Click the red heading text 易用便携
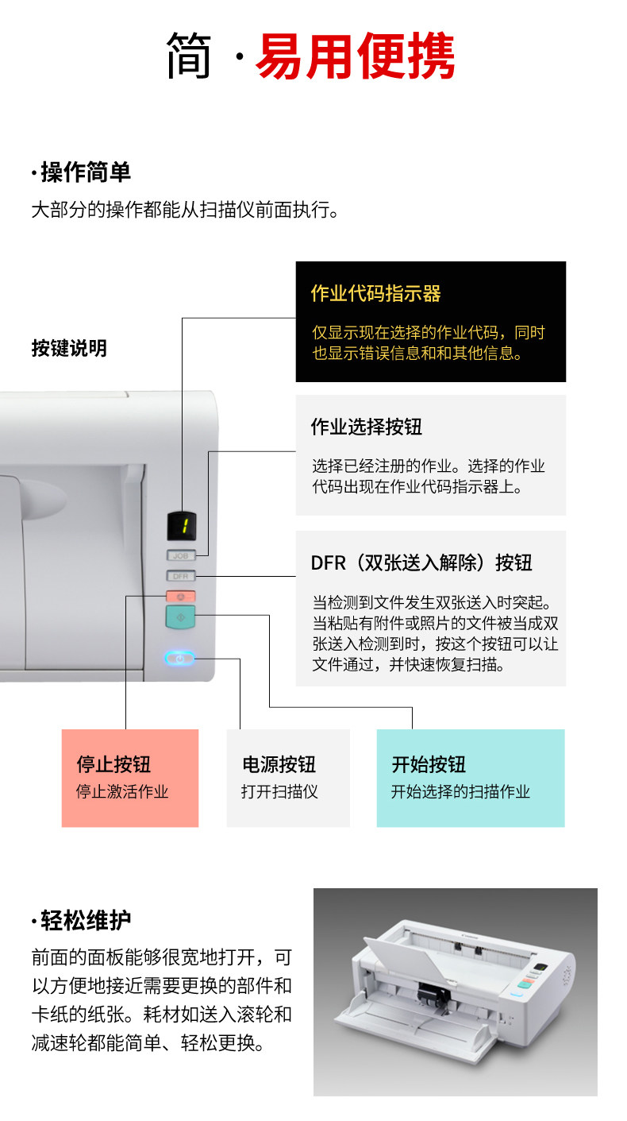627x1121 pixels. coord(355,56)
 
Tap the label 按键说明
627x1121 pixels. coord(69,348)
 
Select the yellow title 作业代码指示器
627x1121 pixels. coord(375,294)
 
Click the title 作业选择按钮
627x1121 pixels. coord(366,427)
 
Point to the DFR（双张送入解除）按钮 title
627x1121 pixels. coord(421,562)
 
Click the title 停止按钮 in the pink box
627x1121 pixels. coord(113,764)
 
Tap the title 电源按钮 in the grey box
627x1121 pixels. coord(279,764)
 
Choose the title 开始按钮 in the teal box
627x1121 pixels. coord(429,764)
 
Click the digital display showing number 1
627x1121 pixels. coord(182,525)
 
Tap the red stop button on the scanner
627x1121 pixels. coord(181,596)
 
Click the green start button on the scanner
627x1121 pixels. coord(181,617)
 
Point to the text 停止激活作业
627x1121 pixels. coord(122,791)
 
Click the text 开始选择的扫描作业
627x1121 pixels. coord(460,791)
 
